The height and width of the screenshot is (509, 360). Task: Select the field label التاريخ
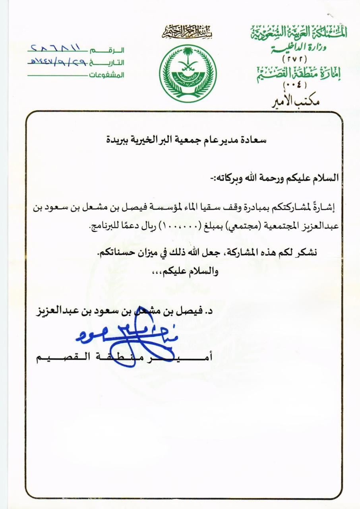tap(112, 62)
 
